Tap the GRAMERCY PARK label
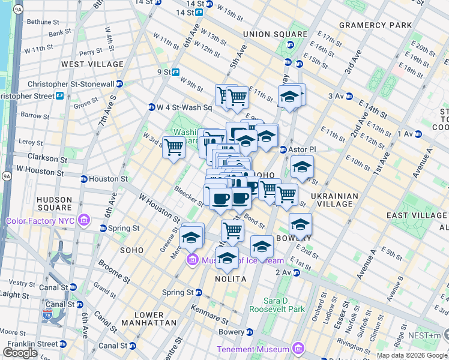click(375, 25)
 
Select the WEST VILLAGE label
click(89, 64)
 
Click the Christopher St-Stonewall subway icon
click(119, 84)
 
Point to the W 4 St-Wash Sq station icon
click(152, 107)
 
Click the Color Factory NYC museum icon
click(84, 221)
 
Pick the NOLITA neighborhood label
click(231, 279)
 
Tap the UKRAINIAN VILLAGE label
click(335, 200)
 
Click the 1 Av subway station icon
click(418, 134)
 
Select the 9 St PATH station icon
click(176, 72)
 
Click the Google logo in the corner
click(20, 353)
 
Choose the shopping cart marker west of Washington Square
click(173, 147)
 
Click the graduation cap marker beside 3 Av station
click(290, 96)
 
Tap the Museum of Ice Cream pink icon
click(193, 259)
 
